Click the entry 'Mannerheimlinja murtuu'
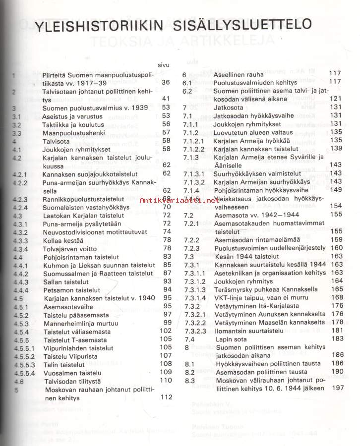82,322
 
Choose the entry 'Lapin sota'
231,338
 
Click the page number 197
338,388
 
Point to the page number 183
338,338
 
